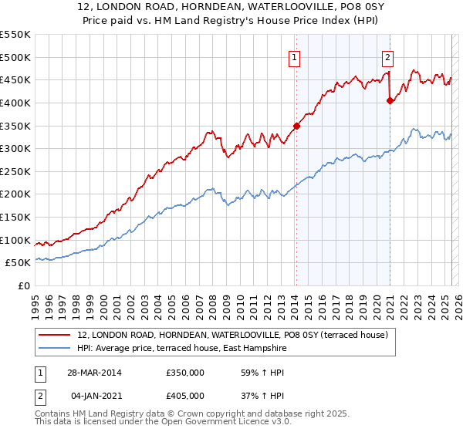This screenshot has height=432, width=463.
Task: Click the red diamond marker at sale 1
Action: [x=296, y=126]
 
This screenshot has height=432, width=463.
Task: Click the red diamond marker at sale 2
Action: [x=390, y=100]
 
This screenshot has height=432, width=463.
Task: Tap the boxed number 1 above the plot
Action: [x=296, y=56]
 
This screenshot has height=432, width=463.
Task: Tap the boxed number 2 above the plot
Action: [x=387, y=56]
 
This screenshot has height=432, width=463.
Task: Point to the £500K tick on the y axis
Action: [x=15, y=58]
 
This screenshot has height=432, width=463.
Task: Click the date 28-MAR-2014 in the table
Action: [x=94, y=373]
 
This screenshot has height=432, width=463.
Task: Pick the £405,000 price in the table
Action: [x=184, y=396]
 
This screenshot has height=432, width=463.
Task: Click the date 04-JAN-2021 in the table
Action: [x=94, y=396]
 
